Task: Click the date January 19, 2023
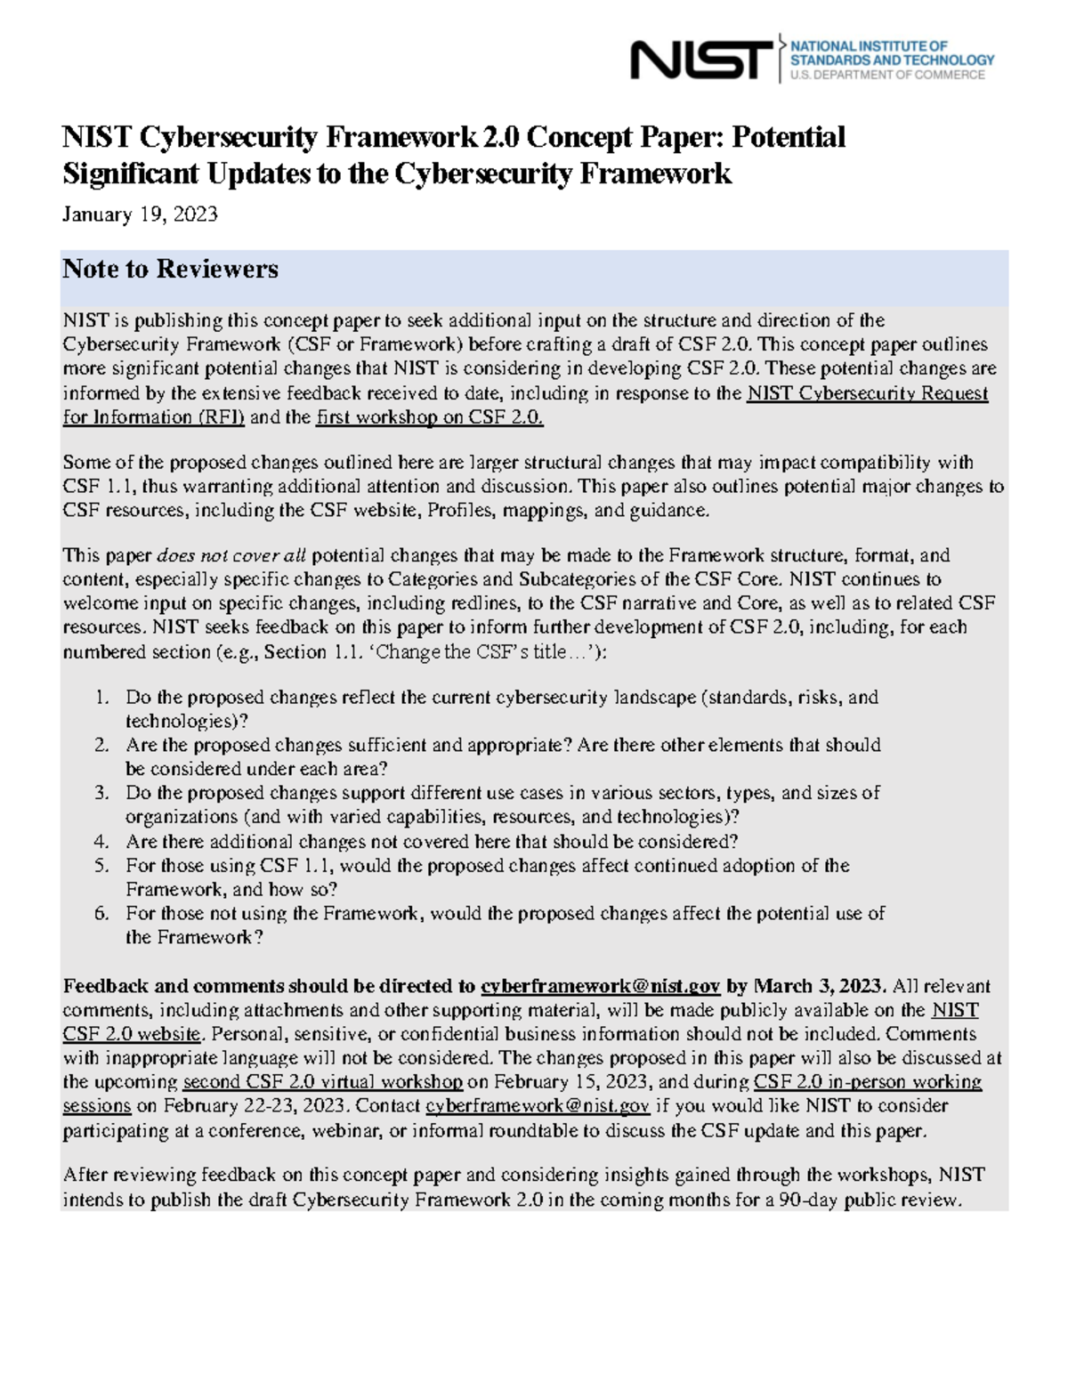point(140,214)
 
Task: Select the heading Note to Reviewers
point(170,269)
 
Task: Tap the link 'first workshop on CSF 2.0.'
point(429,417)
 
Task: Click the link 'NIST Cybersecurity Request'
point(867,393)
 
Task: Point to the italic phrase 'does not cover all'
point(231,555)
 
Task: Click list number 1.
point(102,698)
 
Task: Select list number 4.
point(102,842)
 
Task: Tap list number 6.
point(102,914)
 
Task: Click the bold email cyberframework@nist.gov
point(600,986)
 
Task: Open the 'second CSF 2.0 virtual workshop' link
point(322,1082)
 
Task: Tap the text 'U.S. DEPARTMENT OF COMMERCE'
point(887,76)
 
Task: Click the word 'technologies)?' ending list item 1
point(187,722)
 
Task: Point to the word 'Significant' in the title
point(131,174)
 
